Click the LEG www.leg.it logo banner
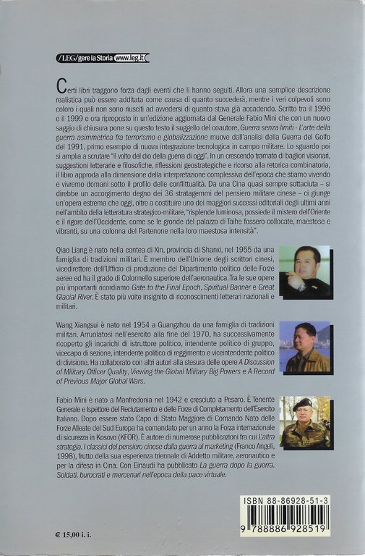click(x=102, y=57)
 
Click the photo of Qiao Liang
click(x=304, y=272)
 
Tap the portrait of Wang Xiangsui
click(x=304, y=347)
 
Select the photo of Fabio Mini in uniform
click(x=304, y=421)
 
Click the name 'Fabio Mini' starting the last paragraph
click(x=72, y=399)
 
